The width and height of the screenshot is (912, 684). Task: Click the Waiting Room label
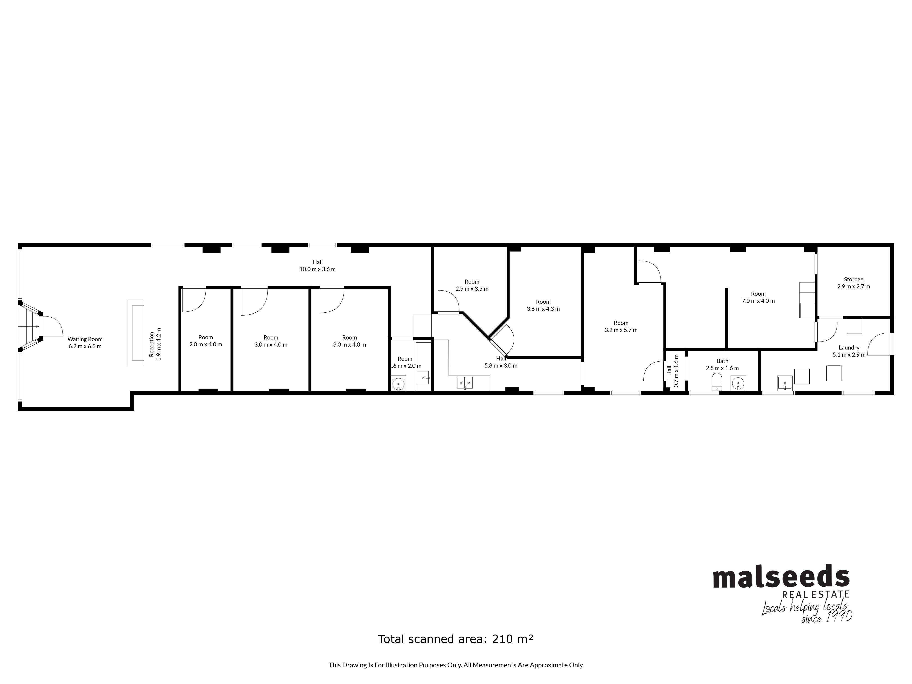coord(85,339)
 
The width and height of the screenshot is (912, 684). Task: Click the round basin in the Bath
coord(738,383)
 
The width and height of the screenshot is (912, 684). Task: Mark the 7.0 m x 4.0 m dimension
coord(758,301)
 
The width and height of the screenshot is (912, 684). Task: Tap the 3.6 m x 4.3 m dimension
coord(543,309)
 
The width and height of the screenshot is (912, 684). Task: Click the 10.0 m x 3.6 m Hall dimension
coord(317,269)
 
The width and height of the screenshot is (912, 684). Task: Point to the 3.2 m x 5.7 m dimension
coord(621,330)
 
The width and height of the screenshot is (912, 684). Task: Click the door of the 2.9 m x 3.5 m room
coord(448,302)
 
